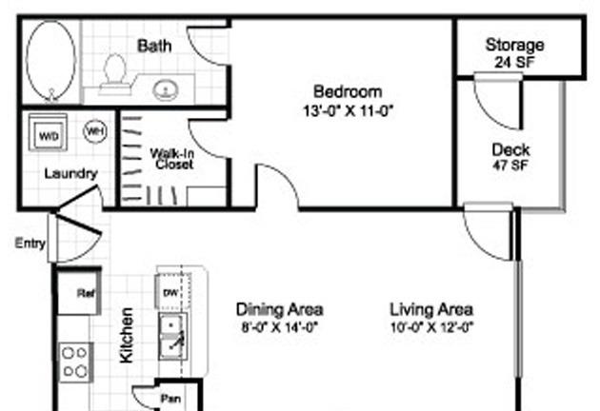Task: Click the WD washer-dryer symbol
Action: pyautogui.click(x=47, y=136)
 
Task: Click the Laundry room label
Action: pyautogui.click(x=70, y=173)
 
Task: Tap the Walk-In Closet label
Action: pyautogui.click(x=174, y=158)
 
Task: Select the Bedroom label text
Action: pyautogui.click(x=348, y=92)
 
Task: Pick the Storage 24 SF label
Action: pyautogui.click(x=514, y=53)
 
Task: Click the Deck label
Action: pyautogui.click(x=510, y=150)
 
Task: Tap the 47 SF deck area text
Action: pyautogui.click(x=511, y=166)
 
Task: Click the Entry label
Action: pyautogui.click(x=30, y=244)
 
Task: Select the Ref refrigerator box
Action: pyautogui.click(x=82, y=294)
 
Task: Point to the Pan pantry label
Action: pyautogui.click(x=171, y=398)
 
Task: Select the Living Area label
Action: pyautogui.click(x=431, y=309)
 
